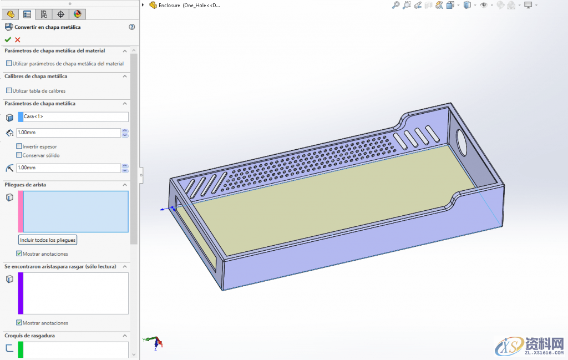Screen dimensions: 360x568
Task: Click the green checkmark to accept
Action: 8,39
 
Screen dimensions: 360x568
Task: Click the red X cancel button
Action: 18,39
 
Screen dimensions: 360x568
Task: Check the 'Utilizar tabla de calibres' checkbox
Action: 9,90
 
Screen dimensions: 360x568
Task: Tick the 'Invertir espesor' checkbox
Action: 19,146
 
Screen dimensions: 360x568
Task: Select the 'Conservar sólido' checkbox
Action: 19,155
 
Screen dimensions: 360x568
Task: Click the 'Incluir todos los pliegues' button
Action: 48,240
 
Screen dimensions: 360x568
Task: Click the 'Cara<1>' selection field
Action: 75,117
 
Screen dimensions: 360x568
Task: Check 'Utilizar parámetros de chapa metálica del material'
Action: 9,63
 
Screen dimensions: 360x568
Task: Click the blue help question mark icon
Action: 131,27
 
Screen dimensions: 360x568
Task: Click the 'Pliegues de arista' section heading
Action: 26,185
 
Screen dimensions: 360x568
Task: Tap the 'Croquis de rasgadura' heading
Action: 30,336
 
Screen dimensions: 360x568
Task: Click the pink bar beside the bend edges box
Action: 21,211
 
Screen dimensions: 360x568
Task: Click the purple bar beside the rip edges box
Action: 21,293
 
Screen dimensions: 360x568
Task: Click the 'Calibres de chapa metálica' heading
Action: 36,77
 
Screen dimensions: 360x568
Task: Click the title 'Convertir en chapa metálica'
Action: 48,27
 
